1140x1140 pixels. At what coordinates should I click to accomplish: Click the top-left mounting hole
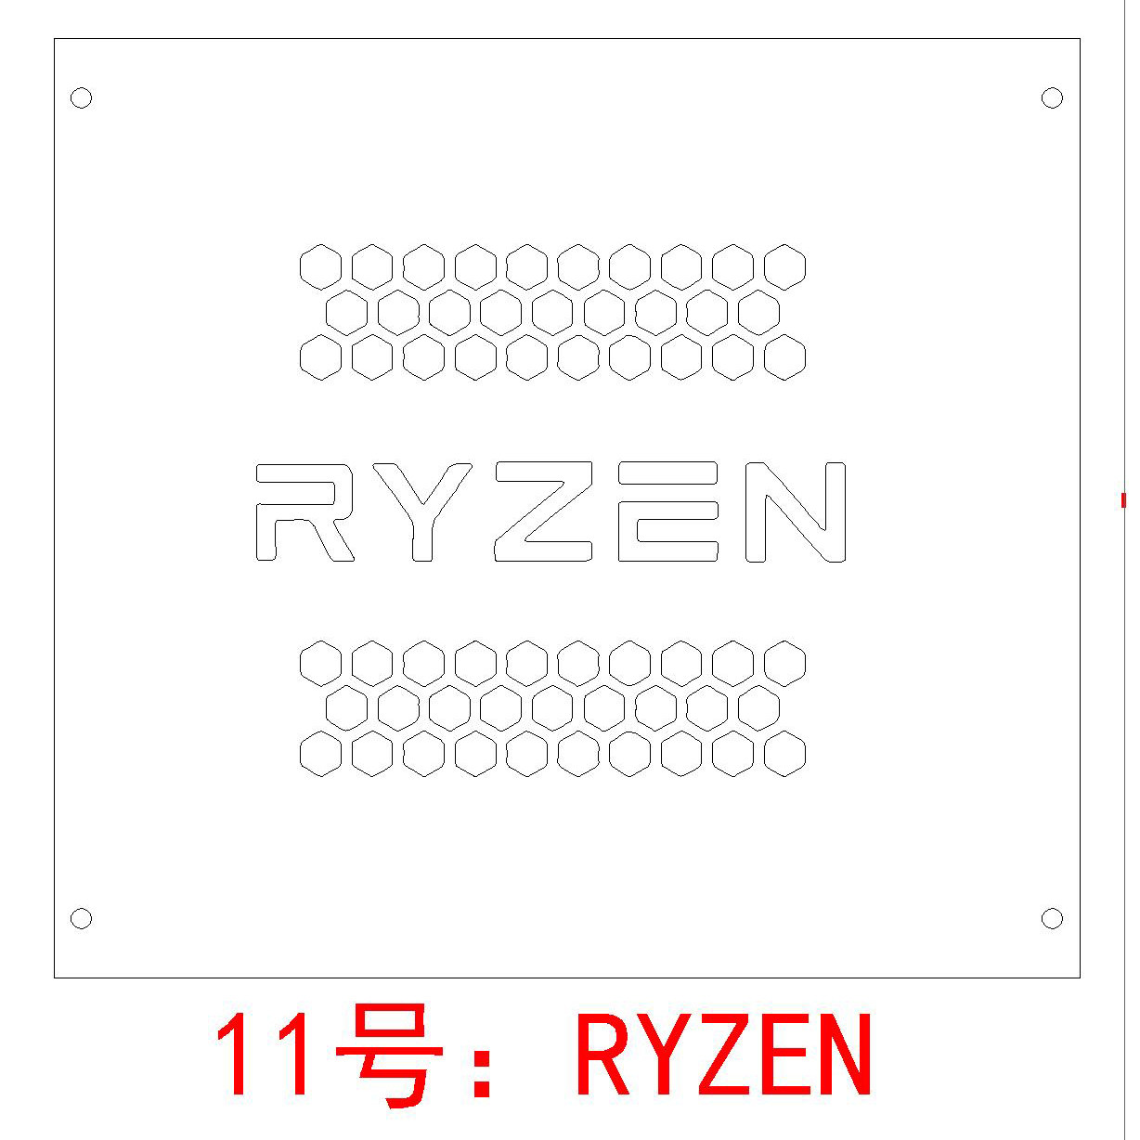point(82,97)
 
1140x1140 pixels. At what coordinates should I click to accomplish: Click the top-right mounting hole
point(1052,97)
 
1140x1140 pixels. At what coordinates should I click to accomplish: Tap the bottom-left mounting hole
point(82,919)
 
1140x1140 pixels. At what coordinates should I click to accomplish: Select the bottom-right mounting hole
point(1052,919)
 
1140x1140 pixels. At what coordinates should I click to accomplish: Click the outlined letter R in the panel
point(303,512)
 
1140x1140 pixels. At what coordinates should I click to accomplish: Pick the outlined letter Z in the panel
point(544,512)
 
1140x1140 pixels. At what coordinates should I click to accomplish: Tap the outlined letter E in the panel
point(668,512)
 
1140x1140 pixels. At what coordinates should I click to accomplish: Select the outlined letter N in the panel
point(796,512)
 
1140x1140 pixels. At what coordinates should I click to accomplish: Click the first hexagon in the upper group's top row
point(321,267)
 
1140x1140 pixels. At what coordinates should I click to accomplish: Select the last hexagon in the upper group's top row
point(785,267)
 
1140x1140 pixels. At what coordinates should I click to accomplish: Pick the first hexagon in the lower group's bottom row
point(321,753)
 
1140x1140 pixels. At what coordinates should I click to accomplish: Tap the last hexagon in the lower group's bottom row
point(785,753)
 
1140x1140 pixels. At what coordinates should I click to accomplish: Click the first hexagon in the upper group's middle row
point(347,312)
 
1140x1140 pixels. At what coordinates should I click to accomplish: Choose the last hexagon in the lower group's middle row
point(759,708)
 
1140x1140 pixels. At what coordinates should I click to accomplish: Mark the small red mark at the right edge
point(1123,500)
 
